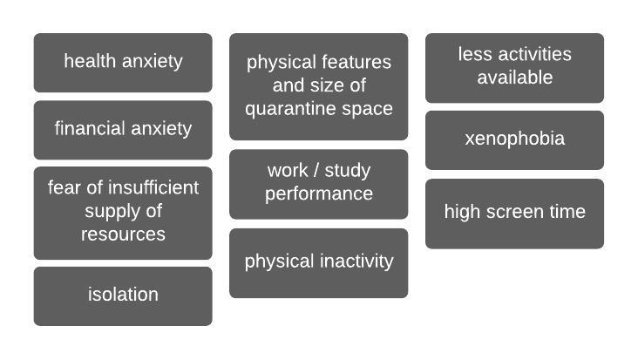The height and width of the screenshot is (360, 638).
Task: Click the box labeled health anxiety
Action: coord(123,62)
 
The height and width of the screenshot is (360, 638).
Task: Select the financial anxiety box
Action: coord(123,129)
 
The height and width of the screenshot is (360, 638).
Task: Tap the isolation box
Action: coord(123,295)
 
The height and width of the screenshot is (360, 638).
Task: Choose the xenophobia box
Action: coord(514,139)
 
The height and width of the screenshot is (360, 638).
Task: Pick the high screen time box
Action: coord(514,213)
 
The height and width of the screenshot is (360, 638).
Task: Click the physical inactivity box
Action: coord(318,262)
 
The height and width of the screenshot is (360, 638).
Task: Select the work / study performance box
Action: coord(318,183)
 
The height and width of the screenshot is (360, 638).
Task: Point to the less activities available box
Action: coord(514,67)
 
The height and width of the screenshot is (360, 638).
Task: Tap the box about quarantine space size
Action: coord(318,86)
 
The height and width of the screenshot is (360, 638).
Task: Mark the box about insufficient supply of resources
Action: coord(123,212)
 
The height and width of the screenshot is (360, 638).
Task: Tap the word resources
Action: coord(123,234)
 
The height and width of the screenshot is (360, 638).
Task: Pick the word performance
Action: coord(319,194)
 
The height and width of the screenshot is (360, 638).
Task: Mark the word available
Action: coord(514,78)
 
